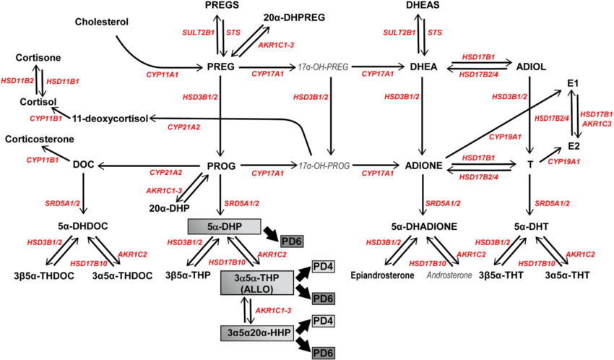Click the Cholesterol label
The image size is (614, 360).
pyautogui.click(x=102, y=22)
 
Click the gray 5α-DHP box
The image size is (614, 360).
pyautogui.click(x=223, y=226)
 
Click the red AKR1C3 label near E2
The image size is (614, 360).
pyautogui.click(x=597, y=124)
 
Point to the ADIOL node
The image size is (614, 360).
pyautogui.click(x=532, y=67)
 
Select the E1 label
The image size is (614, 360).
pyautogui.click(x=574, y=85)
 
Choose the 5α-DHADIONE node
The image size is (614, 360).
pyautogui.click(x=425, y=226)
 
